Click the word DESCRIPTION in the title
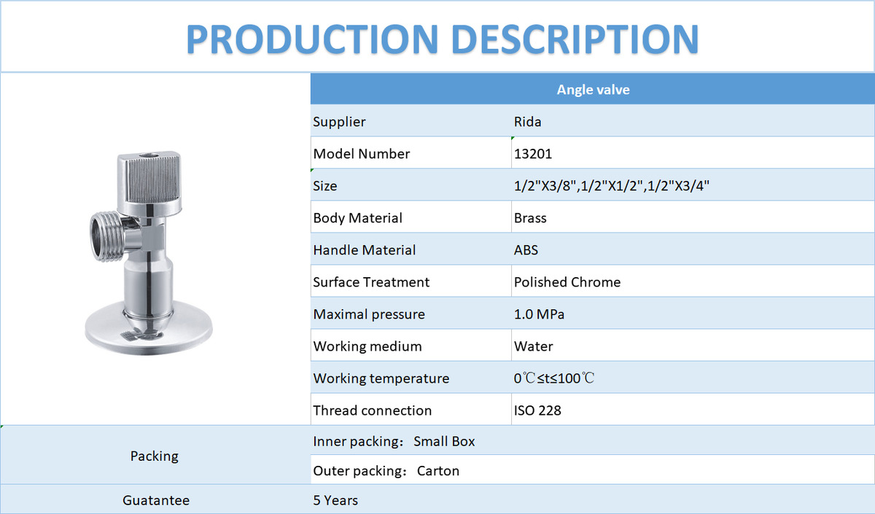coord(575,39)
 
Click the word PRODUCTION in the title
coord(312,39)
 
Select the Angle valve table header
coord(593,90)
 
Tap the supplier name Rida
coord(527,122)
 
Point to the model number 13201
coord(533,154)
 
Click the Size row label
coord(325,185)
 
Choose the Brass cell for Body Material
coord(530,217)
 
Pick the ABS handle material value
coord(526,249)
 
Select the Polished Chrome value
coord(567,281)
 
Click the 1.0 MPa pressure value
coord(539,314)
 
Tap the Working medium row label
coord(367,346)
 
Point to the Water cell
coord(533,346)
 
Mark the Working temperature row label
coord(381,378)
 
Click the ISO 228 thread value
coord(537,410)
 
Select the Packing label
coord(155,456)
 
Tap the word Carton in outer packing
coord(438,471)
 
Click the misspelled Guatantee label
coord(156,500)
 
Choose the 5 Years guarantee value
coord(335,500)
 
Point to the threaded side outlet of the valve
coord(106,237)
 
